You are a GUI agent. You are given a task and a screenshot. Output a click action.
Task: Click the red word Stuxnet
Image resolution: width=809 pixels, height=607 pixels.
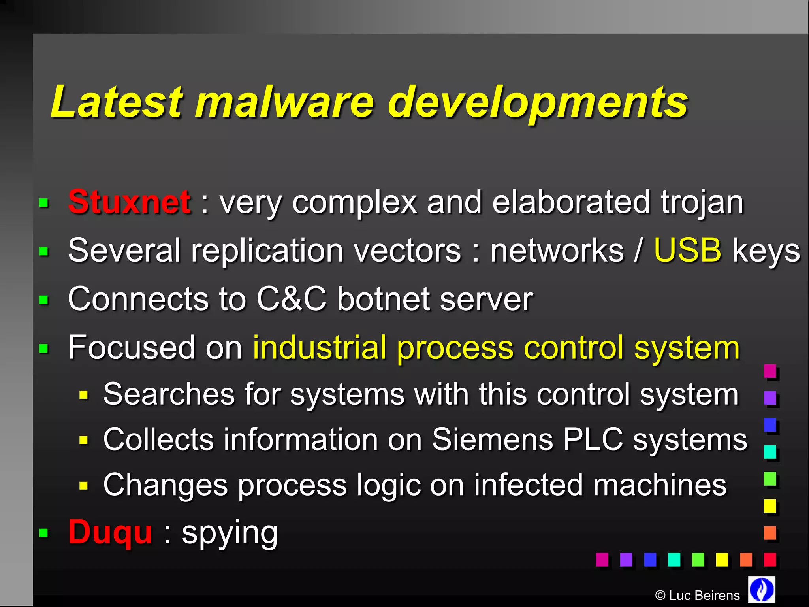click(130, 202)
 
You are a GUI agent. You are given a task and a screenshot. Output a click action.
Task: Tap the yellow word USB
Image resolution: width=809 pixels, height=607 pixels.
click(687, 251)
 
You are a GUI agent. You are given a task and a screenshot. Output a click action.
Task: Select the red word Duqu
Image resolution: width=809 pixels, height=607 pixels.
click(110, 532)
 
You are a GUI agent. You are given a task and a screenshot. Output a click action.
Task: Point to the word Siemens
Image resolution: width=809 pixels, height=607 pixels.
click(492, 439)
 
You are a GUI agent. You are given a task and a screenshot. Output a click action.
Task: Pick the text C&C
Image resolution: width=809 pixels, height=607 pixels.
click(292, 299)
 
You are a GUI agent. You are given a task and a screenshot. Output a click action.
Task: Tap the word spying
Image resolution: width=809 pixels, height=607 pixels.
click(230, 533)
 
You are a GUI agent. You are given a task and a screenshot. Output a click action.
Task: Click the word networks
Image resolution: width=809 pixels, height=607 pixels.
click(557, 251)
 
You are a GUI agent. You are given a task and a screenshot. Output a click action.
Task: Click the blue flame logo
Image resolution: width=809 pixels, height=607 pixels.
click(762, 589)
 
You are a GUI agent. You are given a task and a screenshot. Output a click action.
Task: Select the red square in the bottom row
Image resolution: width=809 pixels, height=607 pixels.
click(770, 560)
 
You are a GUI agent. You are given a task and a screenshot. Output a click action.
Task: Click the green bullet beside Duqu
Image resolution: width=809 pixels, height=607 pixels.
click(43, 533)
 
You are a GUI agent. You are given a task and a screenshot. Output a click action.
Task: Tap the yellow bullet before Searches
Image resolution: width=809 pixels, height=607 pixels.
click(83, 395)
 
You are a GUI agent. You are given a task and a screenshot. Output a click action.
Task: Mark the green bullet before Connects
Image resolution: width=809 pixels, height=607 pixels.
click(44, 300)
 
